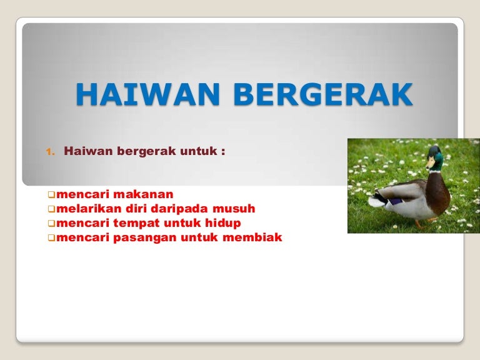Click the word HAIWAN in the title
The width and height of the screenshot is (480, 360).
[x=148, y=94]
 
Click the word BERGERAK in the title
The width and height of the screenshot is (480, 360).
[x=323, y=94]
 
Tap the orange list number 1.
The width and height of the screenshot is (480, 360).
[x=51, y=151]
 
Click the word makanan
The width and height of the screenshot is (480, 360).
[x=144, y=194]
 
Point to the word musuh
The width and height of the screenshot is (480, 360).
[x=234, y=209]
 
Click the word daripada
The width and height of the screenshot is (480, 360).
[x=179, y=209]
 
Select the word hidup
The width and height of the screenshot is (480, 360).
[x=223, y=224]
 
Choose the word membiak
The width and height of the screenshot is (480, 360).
[x=252, y=237]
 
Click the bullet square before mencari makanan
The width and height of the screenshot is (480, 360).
[x=51, y=195]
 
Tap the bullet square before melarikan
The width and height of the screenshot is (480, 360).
[x=51, y=209]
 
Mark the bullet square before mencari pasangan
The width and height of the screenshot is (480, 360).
[x=51, y=238]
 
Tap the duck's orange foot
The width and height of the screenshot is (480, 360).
[x=419, y=226]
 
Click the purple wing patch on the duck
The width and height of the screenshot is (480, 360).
[x=394, y=202]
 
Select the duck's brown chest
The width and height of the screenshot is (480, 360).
[x=437, y=193]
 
